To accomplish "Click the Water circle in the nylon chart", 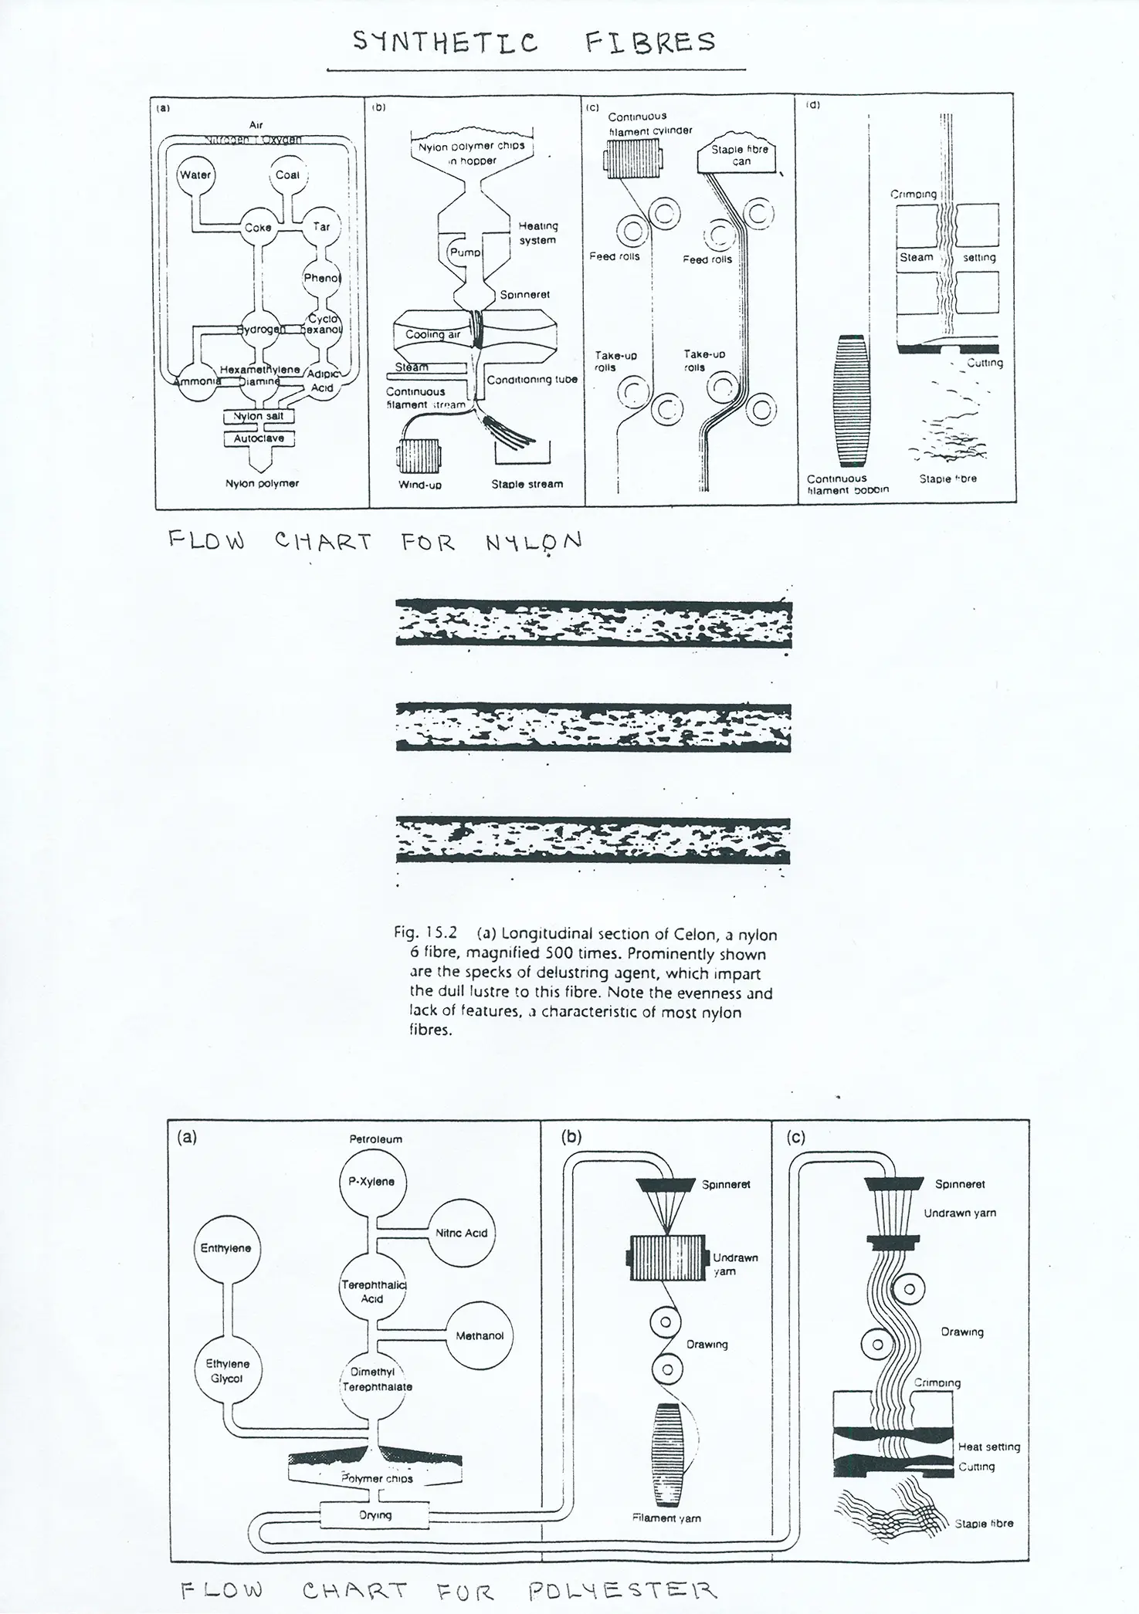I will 195,175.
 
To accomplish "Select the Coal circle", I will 287,175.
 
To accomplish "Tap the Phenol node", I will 321,279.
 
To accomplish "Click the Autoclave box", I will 259,438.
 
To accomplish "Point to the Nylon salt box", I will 259,417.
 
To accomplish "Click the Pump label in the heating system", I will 465,252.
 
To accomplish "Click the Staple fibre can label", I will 740,155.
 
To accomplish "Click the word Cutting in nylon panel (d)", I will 985,363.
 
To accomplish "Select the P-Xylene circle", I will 372,1182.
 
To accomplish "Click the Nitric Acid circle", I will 462,1233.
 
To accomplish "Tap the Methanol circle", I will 480,1336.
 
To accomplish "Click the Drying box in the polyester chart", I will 375,1515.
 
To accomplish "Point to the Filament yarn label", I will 666,1518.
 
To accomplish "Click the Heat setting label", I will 988,1447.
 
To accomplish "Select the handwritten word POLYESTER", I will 622,1590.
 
